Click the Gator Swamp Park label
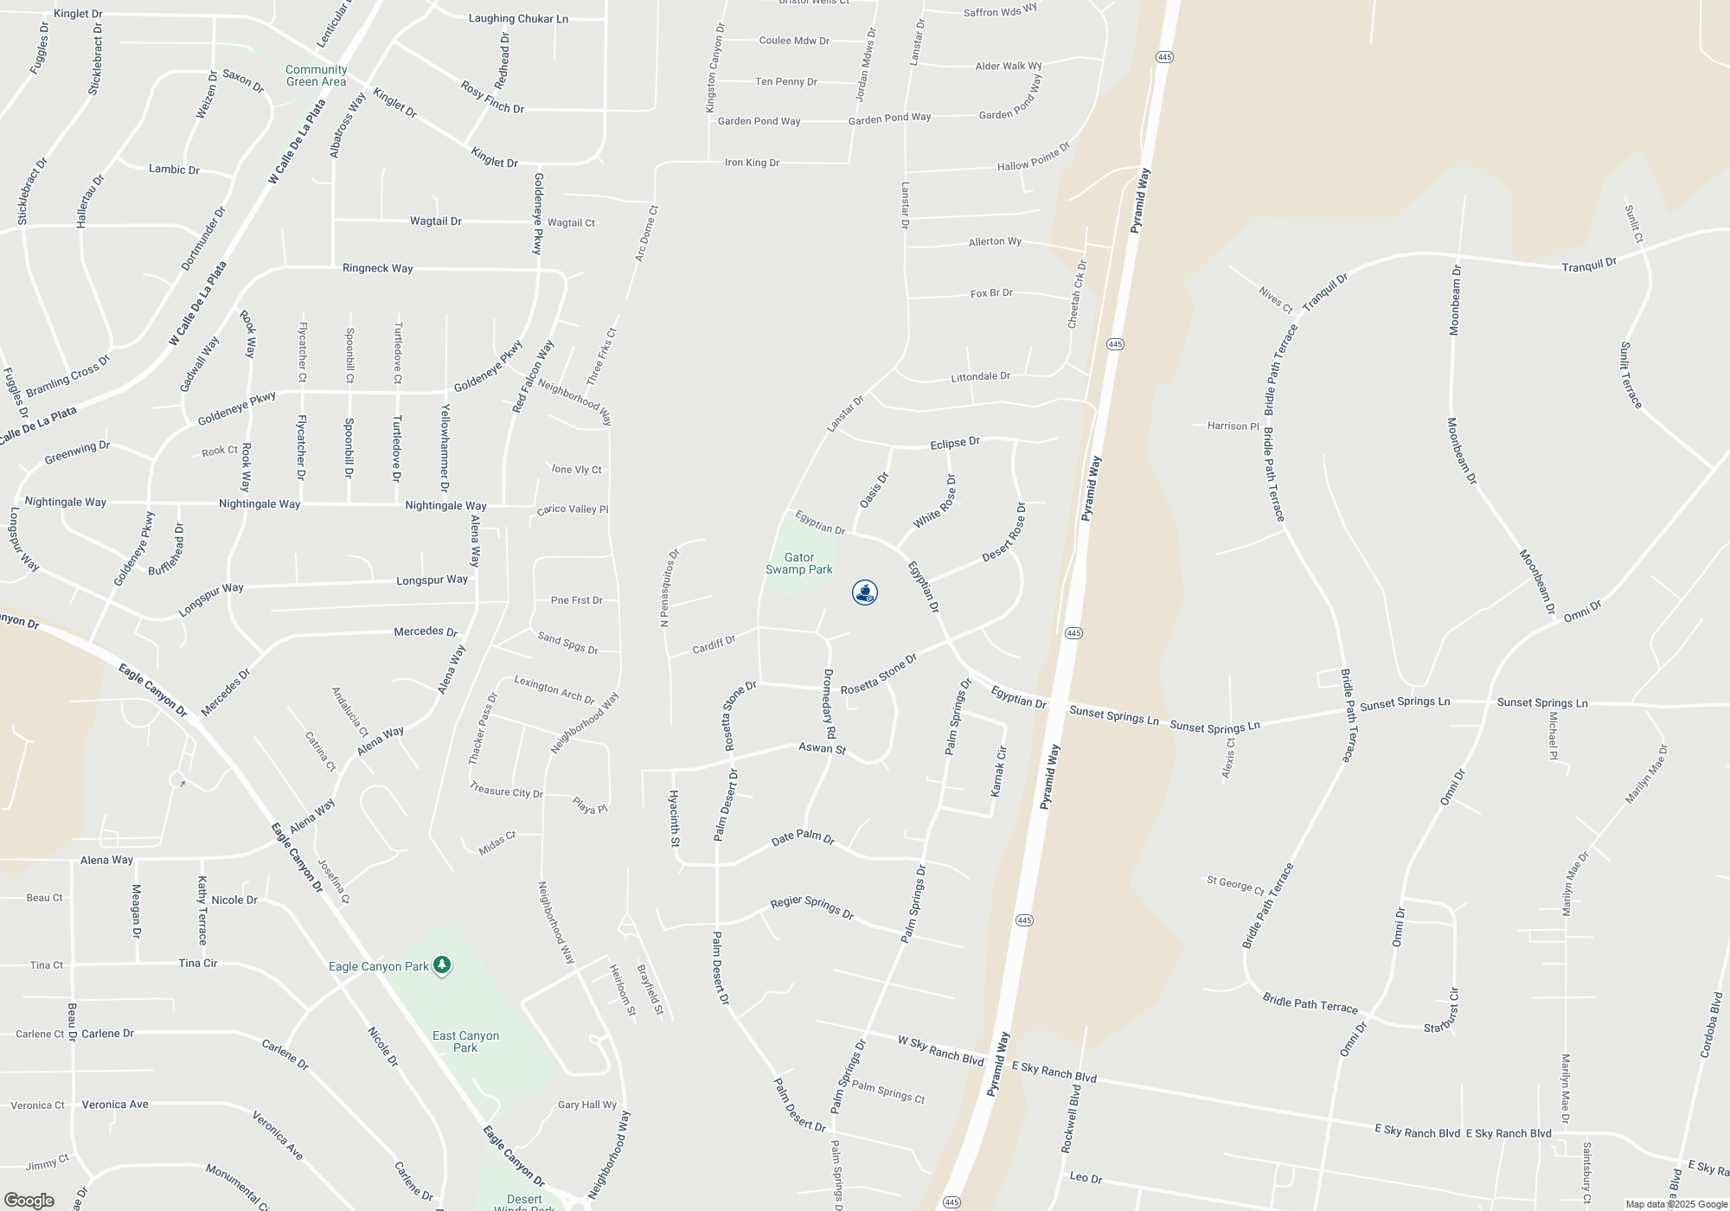pyautogui.click(x=798, y=563)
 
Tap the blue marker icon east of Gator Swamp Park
pyautogui.click(x=865, y=593)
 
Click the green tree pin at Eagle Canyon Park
pyautogui.click(x=442, y=964)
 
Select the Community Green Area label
pyautogui.click(x=316, y=76)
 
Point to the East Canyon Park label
pyautogui.click(x=465, y=1041)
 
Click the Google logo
pyautogui.click(x=29, y=1201)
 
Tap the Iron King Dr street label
pyautogui.click(x=752, y=163)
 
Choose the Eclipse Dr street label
pyautogui.click(x=954, y=443)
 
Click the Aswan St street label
pyautogui.click(x=822, y=748)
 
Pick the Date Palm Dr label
pyautogui.click(x=803, y=838)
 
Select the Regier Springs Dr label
pyautogui.click(x=811, y=907)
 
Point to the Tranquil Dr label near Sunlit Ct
pyautogui.click(x=1589, y=265)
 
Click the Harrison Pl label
pyautogui.click(x=1233, y=426)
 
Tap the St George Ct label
pyautogui.click(x=1235, y=885)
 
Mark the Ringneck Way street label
pyautogui.click(x=377, y=268)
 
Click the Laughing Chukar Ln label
pyautogui.click(x=518, y=19)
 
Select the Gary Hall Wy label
pyautogui.click(x=587, y=1105)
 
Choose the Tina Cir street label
pyautogui.click(x=198, y=963)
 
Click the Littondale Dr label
pyautogui.click(x=980, y=377)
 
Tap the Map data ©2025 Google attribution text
pyautogui.click(x=1676, y=1204)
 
